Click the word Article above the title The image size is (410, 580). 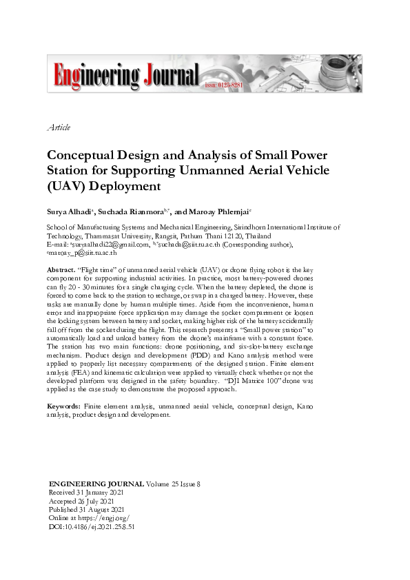pyautogui.click(x=59, y=127)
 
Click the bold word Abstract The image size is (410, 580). pyautogui.click(x=60, y=270)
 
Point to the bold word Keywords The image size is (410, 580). pyautogui.click(x=65, y=406)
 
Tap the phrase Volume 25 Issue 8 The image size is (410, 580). pyautogui.click(x=172, y=484)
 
